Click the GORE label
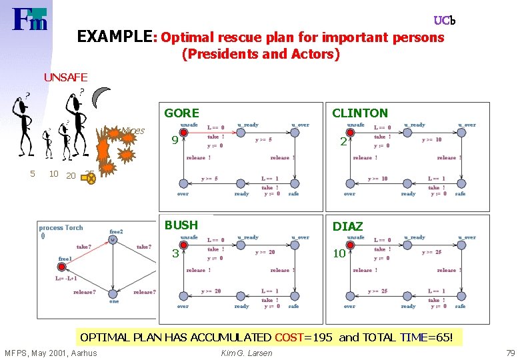181,113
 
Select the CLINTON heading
359,113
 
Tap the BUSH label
181,225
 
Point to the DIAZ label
347,227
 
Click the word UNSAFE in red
65,77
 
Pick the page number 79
511,353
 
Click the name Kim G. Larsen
246,353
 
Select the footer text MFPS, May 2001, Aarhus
51,353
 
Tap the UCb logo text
444,21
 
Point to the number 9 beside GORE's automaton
174,141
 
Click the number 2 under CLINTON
343,141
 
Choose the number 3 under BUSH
175,253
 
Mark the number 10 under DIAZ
339,253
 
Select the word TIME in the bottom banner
414,337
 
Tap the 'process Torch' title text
61,228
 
